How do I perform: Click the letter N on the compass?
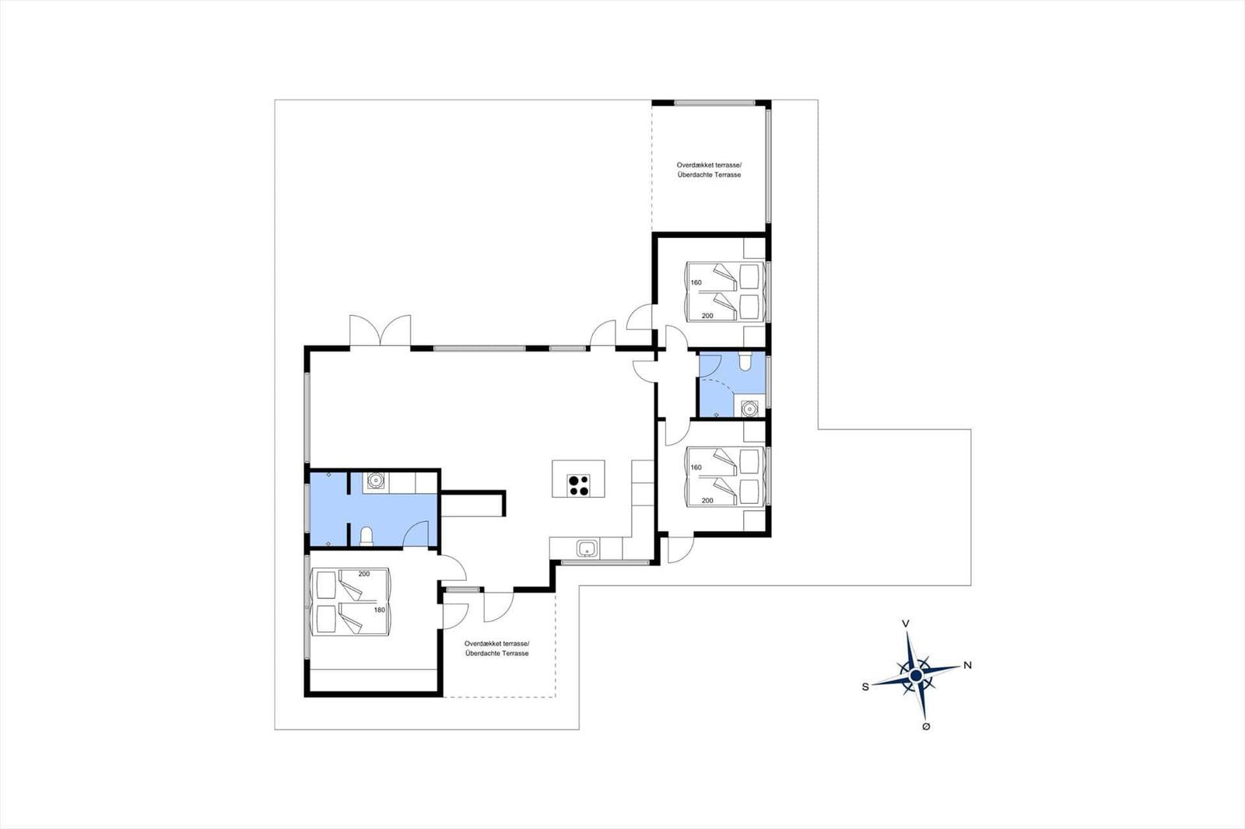[968, 665]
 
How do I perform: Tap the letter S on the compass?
[864, 687]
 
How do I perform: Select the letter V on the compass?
[905, 624]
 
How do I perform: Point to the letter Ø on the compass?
[925, 726]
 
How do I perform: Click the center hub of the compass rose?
[916, 677]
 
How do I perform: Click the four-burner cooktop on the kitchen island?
[577, 484]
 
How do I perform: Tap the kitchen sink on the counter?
[587, 549]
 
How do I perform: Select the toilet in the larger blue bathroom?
[366, 536]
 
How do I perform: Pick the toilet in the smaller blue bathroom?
[745, 362]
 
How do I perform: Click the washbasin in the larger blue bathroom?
[377, 481]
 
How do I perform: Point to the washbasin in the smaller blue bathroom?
[749, 408]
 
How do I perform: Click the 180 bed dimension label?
[379, 610]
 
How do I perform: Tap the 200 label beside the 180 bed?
[363, 574]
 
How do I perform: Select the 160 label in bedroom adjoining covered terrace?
[696, 282]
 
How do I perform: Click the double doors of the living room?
[380, 331]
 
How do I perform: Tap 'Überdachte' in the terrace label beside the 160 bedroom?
[694, 175]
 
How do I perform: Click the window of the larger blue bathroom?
[307, 509]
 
